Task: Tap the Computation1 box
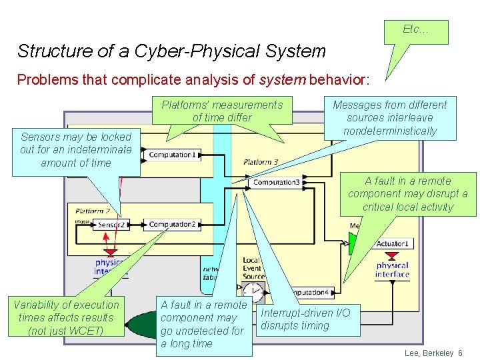(172, 155)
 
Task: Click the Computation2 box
(172, 225)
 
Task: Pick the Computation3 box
(276, 182)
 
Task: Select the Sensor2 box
(111, 225)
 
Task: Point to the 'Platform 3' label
(261, 162)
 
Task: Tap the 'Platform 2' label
(93, 211)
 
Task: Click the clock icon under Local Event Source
(253, 291)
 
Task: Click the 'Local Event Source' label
(253, 268)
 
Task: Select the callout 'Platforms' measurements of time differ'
(222, 111)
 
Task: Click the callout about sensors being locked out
(75, 150)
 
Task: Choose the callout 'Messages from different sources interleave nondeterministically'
(390, 118)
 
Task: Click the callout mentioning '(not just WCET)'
(66, 317)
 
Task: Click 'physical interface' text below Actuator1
(392, 269)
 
